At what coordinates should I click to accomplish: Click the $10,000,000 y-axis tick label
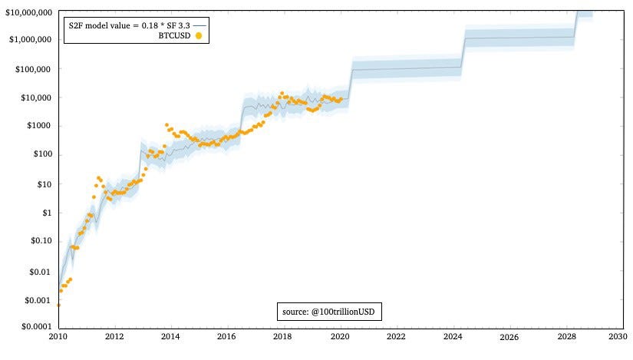[x=28, y=13]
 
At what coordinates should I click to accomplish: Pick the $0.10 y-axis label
[x=41, y=241]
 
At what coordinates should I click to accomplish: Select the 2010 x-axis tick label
[x=58, y=336]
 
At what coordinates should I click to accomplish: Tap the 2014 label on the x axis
[x=170, y=336]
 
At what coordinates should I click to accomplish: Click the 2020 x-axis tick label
[x=339, y=336]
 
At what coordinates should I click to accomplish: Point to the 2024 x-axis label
[x=451, y=336]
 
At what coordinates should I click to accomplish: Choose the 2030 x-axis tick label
[x=618, y=336]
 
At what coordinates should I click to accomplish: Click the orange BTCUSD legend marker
[x=199, y=35]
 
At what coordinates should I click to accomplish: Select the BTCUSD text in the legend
[x=174, y=35]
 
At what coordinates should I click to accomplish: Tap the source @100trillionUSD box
[x=329, y=312]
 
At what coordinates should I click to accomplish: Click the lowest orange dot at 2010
[x=58, y=305]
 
